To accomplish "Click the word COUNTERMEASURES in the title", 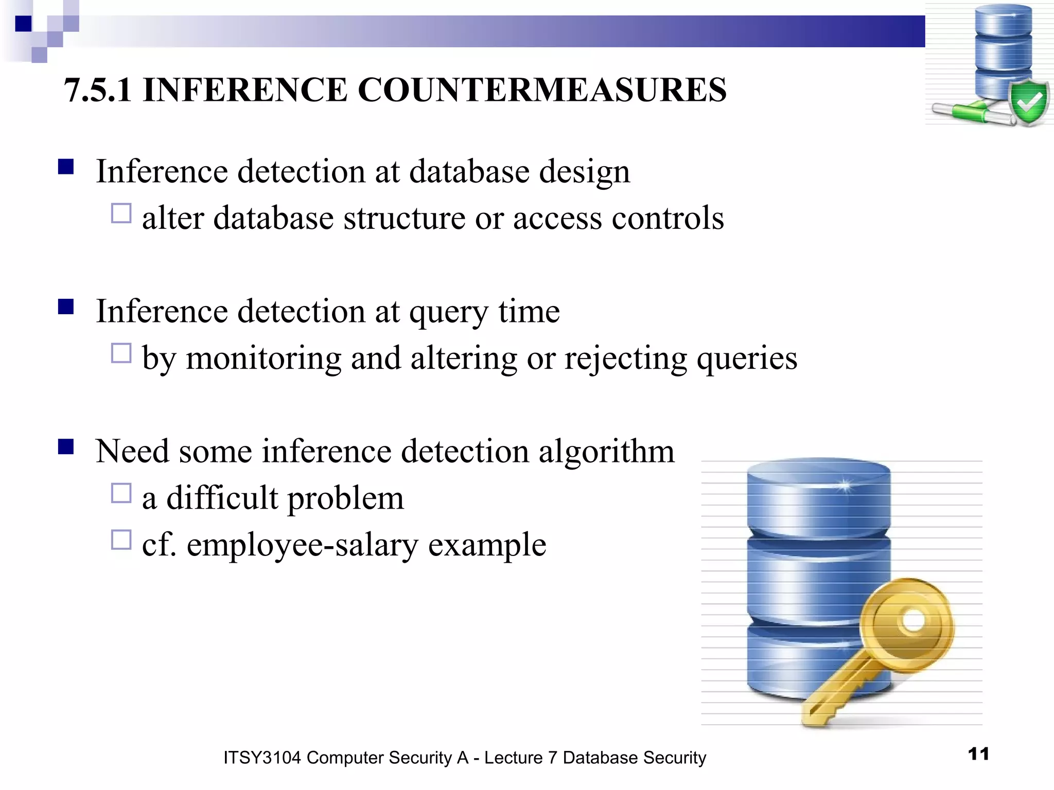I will coord(541,90).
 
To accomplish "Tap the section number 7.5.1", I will coord(98,90).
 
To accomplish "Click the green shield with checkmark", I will coord(1028,103).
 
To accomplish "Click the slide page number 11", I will coord(978,754).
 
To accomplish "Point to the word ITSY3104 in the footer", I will coord(261,758).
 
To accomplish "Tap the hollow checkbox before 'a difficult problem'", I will coord(121,493).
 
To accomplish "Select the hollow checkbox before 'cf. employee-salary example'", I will coord(121,540).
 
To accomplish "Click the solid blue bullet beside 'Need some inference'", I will coord(66,446).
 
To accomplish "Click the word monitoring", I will coord(263,358).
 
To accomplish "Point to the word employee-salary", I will coord(302,545).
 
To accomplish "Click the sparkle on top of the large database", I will coord(844,486).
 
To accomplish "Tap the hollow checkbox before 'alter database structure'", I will coord(121,213).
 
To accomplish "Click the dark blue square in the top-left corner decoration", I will coord(23,24).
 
